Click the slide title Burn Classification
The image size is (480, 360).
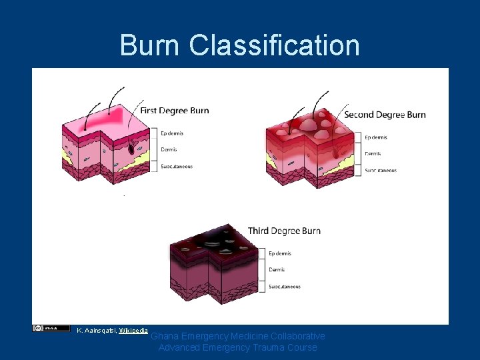(x=240, y=45)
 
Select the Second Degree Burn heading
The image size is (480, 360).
(x=385, y=115)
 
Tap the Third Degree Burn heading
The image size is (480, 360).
(x=284, y=231)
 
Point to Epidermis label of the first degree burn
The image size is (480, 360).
(x=172, y=133)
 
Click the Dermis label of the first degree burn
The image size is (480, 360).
(x=169, y=150)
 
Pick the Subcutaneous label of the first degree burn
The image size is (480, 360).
(x=177, y=167)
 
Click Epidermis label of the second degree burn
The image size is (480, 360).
(x=376, y=137)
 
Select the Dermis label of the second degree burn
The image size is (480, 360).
(x=373, y=154)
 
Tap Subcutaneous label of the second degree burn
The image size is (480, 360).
(x=381, y=171)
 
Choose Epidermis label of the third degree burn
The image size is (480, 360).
(x=280, y=253)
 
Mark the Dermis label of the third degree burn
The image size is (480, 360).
(x=277, y=270)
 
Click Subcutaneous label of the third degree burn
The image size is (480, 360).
(x=285, y=287)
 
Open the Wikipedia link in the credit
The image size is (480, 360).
(x=133, y=330)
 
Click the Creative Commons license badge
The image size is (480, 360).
(x=51, y=328)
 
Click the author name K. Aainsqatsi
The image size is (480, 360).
(x=96, y=330)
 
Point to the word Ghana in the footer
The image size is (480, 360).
(x=164, y=337)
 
